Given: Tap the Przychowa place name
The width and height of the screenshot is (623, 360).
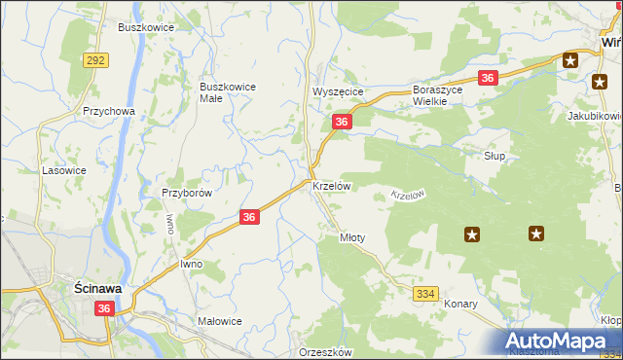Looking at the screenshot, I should pyautogui.click(x=108, y=111).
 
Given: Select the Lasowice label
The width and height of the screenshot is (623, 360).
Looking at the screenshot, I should pyautogui.click(x=64, y=170).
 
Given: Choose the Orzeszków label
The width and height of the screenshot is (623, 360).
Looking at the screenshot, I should pyautogui.click(x=325, y=353).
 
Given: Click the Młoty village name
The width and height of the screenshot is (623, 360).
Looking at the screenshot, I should pyautogui.click(x=351, y=236).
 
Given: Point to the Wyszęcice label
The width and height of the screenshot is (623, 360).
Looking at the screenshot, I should pyautogui.click(x=337, y=91).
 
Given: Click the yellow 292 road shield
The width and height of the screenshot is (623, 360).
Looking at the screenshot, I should pyautogui.click(x=95, y=60).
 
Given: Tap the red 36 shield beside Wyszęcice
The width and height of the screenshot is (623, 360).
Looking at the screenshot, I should pyautogui.click(x=341, y=122).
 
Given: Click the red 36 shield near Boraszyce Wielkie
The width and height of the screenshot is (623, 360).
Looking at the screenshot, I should pyautogui.click(x=489, y=78).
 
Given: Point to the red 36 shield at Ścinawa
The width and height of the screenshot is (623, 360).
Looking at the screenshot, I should pyautogui.click(x=106, y=307).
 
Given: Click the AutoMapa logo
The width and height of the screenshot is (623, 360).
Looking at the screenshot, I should pyautogui.click(x=562, y=342).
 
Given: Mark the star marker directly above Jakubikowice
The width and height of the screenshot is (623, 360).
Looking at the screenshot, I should pyautogui.click(x=599, y=82).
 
